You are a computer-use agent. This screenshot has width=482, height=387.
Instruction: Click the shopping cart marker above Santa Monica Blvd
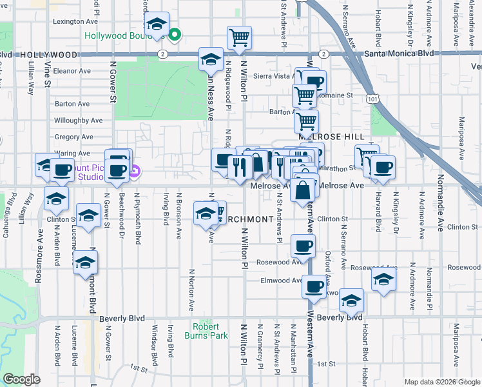[x=239, y=37]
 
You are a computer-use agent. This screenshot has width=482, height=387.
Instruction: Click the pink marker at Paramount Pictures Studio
[x=135, y=172]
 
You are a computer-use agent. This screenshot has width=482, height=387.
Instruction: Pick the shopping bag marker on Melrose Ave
[x=302, y=190]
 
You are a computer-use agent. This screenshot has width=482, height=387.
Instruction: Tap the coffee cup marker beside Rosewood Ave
[x=303, y=245]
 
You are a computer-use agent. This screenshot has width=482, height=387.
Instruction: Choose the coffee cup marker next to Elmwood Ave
[x=314, y=286]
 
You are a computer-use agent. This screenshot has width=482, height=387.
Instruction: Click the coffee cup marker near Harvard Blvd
[x=383, y=167]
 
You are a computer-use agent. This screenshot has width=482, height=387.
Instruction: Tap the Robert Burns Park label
[x=210, y=332]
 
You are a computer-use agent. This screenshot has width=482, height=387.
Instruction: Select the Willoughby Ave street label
[x=79, y=120]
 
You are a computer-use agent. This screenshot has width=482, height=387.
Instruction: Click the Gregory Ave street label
[x=75, y=137]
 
